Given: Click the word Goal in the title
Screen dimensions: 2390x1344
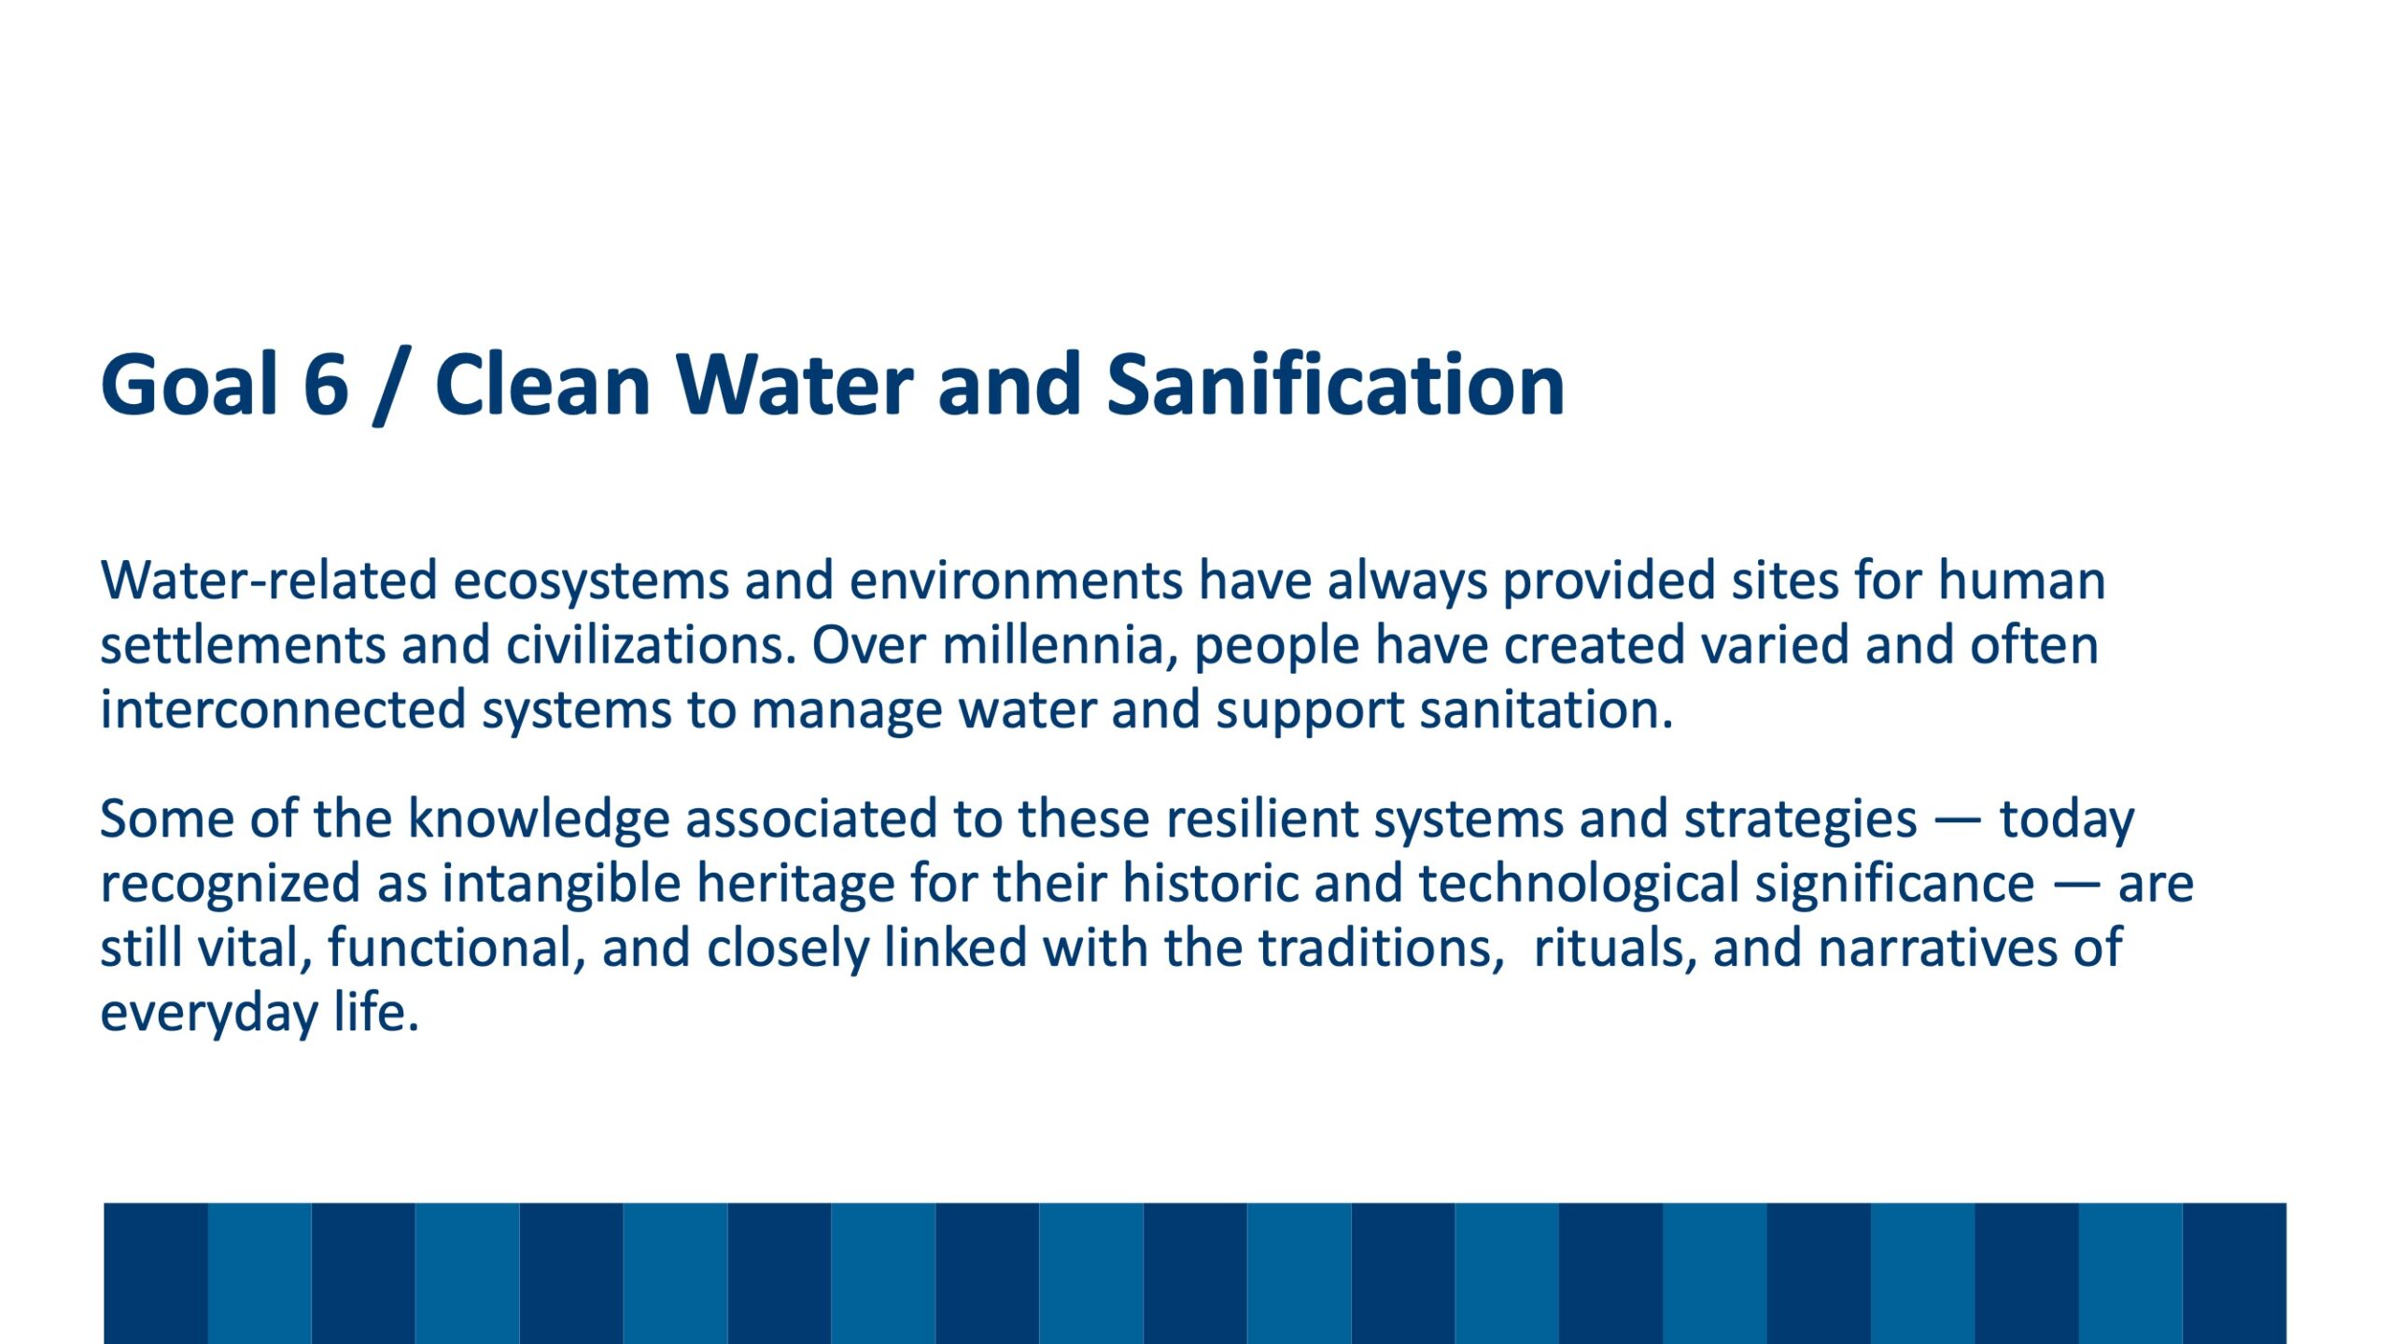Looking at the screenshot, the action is pyautogui.click(x=190, y=385).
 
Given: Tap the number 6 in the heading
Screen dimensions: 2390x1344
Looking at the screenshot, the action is pyautogui.click(x=326, y=385).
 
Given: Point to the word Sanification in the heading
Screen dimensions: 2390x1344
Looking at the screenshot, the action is pyautogui.click(x=1335, y=385).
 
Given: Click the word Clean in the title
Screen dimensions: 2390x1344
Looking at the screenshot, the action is pyautogui.click(x=542, y=385).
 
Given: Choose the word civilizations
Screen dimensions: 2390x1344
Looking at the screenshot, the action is pyautogui.click(x=652, y=646).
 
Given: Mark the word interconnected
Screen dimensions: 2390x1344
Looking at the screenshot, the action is pyautogui.click(x=283, y=710).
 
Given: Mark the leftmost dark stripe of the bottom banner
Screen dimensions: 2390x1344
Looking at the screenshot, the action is pyautogui.click(x=155, y=1273).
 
